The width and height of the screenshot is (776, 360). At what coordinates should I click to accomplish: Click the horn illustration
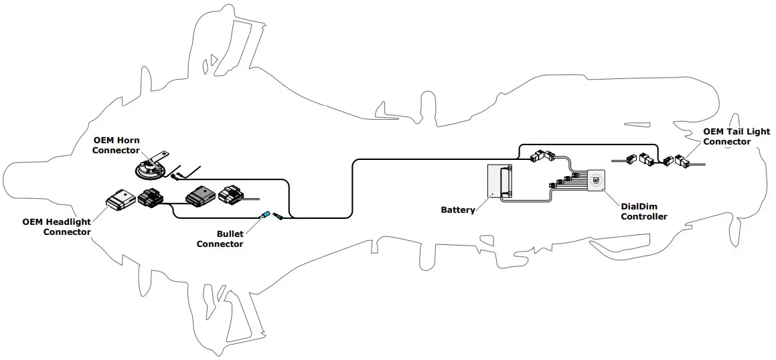pyautogui.click(x=148, y=169)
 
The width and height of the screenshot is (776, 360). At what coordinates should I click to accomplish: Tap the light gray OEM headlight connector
pyautogui.click(x=121, y=198)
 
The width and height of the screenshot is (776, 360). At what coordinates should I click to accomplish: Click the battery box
pyautogui.click(x=499, y=181)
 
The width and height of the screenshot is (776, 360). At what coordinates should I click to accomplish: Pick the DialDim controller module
pyautogui.click(x=597, y=179)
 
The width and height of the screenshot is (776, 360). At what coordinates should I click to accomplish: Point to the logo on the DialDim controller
pyautogui.click(x=596, y=179)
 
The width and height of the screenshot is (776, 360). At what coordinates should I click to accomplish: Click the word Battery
pyautogui.click(x=458, y=209)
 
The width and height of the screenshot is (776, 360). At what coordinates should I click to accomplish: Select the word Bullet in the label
pyautogui.click(x=230, y=234)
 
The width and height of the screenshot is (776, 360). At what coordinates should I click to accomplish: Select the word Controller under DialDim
pyautogui.click(x=644, y=216)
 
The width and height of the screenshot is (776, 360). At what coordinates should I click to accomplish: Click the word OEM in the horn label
pyautogui.click(x=103, y=140)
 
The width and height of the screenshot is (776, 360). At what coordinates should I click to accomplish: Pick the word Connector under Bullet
pyautogui.click(x=220, y=244)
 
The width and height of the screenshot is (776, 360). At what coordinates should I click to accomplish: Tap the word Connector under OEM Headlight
pyautogui.click(x=67, y=232)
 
